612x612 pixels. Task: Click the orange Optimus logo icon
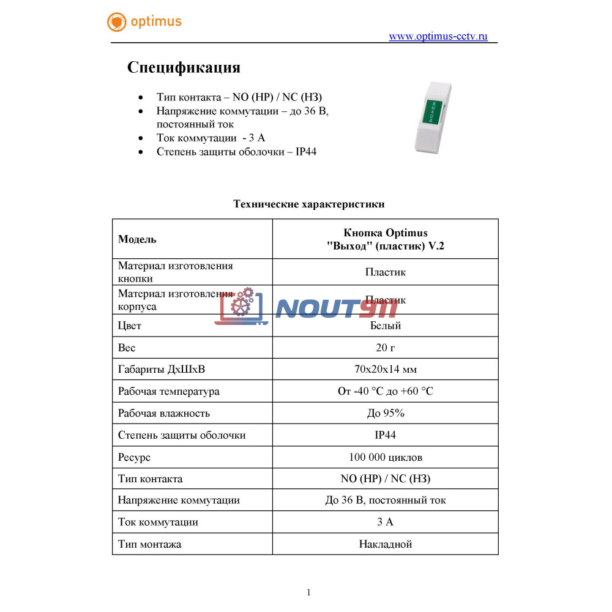(x=116, y=22)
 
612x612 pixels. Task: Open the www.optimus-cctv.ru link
(x=438, y=36)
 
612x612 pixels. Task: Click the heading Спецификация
(x=184, y=67)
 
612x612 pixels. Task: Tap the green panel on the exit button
(x=434, y=111)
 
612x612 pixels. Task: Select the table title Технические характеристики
(x=309, y=204)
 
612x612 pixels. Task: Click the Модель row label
(x=137, y=239)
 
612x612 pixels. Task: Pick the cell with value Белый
(x=386, y=326)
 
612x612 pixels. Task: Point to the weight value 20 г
(x=386, y=348)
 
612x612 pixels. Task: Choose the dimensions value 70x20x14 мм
(x=386, y=370)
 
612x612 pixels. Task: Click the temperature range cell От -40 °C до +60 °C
(x=386, y=391)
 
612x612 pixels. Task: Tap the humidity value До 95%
(x=386, y=413)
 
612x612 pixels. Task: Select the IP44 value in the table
(x=386, y=435)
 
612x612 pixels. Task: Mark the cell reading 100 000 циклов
(x=386, y=457)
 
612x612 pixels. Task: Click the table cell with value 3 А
(x=386, y=522)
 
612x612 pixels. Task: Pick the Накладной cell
(x=386, y=544)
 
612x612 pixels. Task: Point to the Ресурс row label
(x=134, y=457)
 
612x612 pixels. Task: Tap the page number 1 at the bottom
(x=308, y=592)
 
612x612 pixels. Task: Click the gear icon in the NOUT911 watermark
(x=243, y=301)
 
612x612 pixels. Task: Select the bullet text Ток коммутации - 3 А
(x=211, y=138)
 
